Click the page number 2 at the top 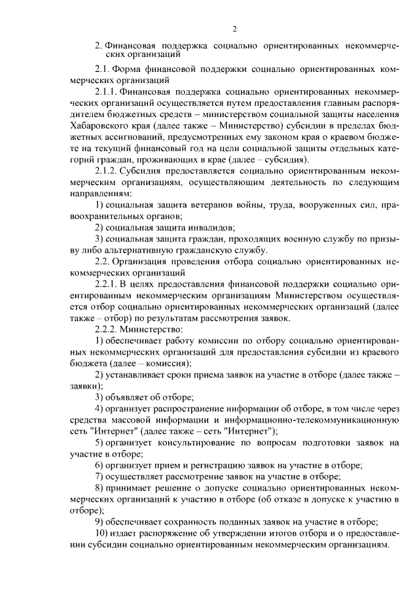(233, 28)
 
